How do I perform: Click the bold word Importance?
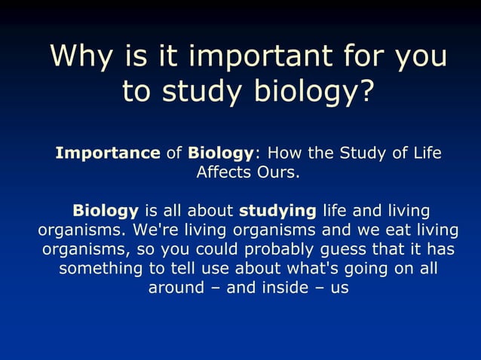(x=108, y=154)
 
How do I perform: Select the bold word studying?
(x=277, y=210)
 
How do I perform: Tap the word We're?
(x=155, y=229)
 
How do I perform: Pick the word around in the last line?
(x=176, y=287)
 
